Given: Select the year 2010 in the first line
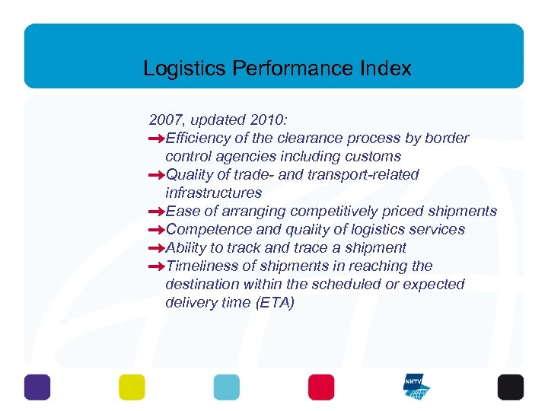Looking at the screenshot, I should click(x=257, y=119).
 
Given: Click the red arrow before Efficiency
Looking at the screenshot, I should click(x=156, y=139).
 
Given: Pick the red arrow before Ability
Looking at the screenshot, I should click(x=156, y=248).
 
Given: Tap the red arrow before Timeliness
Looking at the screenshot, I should click(x=156, y=266).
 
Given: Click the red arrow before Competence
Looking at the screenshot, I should click(x=156, y=230).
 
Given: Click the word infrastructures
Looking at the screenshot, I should click(x=213, y=193).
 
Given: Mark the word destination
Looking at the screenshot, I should click(x=202, y=284).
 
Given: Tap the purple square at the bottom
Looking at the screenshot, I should click(x=37, y=387).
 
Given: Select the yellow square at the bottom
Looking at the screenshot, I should click(x=132, y=387).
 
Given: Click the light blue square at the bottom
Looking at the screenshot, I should click(x=226, y=387).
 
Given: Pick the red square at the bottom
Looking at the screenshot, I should click(x=321, y=387).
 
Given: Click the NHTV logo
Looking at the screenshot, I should click(x=416, y=387).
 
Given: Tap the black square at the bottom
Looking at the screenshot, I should click(x=511, y=387).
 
